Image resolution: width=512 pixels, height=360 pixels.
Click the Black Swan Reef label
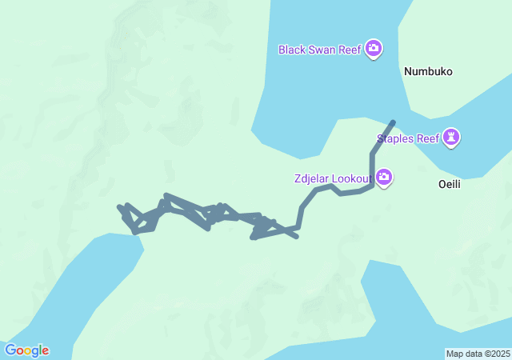click(x=320, y=50)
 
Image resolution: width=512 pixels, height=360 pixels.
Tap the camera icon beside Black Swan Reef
click(x=374, y=50)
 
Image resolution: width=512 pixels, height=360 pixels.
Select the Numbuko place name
click(x=428, y=71)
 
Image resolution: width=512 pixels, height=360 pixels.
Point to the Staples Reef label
click(x=408, y=138)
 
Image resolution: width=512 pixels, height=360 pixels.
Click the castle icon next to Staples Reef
click(x=453, y=138)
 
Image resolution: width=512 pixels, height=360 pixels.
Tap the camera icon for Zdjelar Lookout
click(x=384, y=177)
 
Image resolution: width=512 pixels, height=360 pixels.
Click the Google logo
click(x=26, y=350)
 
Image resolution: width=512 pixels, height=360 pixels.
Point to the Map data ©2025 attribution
click(x=477, y=354)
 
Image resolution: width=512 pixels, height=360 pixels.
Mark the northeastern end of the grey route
click(x=393, y=122)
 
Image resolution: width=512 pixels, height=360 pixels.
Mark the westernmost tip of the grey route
click(x=119, y=207)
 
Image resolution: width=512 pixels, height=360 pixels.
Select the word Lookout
click(x=354, y=177)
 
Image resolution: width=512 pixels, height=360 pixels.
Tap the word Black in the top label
click(x=291, y=50)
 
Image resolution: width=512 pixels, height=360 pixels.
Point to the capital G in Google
click(x=10, y=350)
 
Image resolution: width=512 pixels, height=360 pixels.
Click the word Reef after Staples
click(x=430, y=138)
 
